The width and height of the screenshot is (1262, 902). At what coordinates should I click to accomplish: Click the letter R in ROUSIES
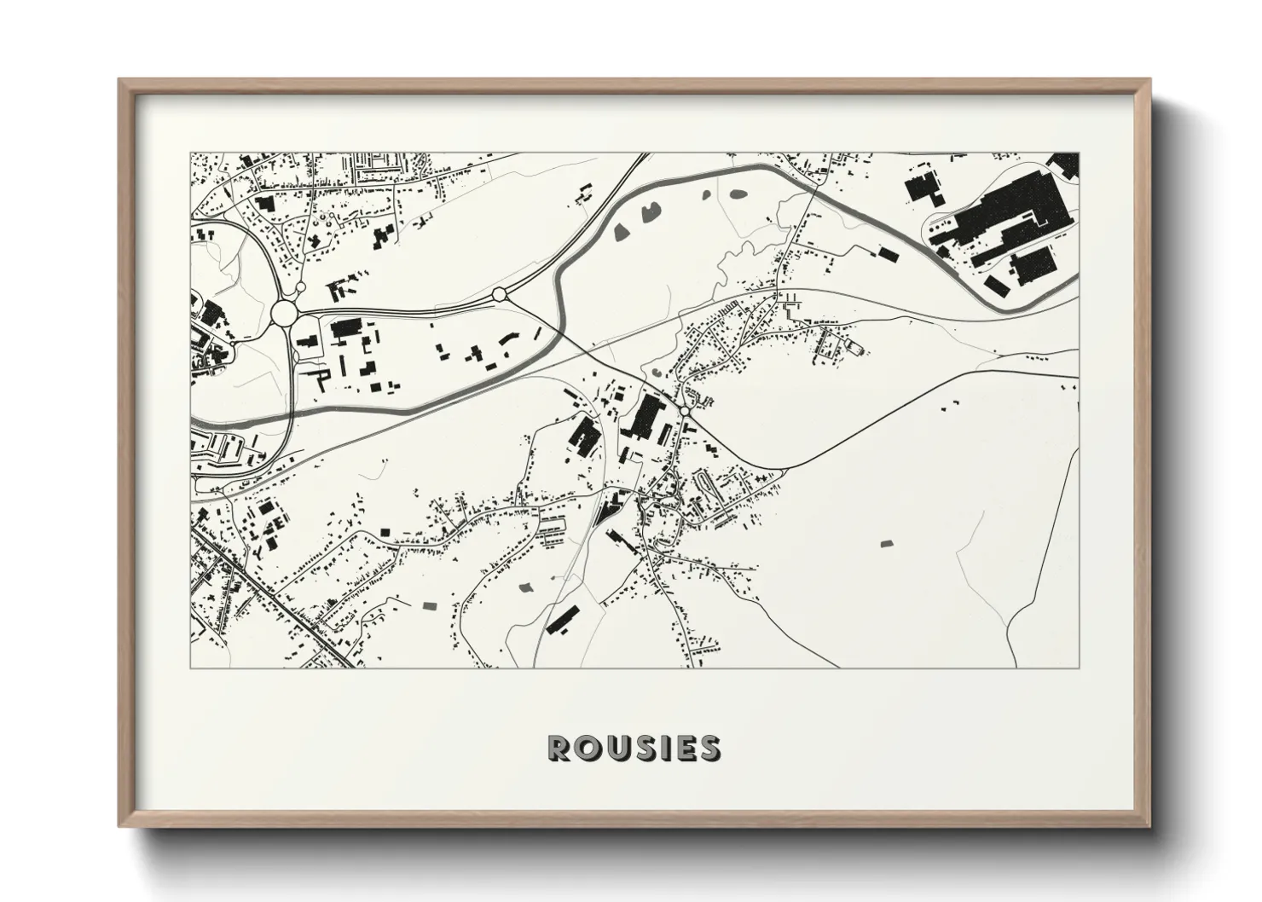click(559, 748)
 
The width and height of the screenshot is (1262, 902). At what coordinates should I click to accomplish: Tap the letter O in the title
click(588, 748)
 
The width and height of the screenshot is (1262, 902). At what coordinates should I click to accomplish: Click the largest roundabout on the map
click(284, 314)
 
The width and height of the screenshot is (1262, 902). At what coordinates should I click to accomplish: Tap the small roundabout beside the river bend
click(499, 294)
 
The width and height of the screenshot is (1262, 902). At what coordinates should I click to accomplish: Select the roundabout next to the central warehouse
click(686, 413)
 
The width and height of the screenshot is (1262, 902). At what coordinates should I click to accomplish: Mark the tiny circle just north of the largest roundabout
click(300, 288)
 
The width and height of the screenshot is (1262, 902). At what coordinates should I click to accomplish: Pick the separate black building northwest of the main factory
click(922, 186)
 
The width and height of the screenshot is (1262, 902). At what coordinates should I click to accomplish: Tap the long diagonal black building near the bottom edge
click(562, 619)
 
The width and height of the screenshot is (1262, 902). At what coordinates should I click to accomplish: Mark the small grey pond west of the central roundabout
click(654, 372)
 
